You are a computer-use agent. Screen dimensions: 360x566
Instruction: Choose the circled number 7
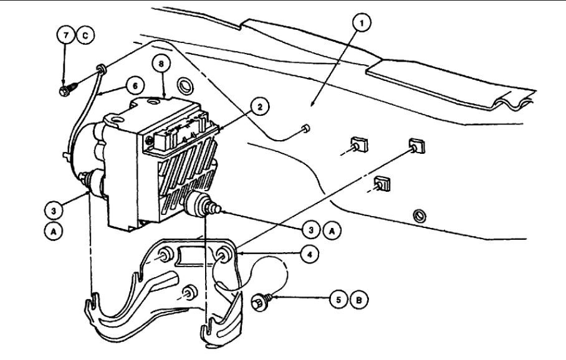click(x=65, y=36)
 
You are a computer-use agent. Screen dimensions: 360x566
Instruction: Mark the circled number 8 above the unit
click(x=163, y=64)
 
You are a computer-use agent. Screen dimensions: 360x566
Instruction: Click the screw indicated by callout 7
click(x=65, y=92)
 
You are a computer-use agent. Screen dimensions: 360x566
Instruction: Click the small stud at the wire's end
click(x=303, y=128)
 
